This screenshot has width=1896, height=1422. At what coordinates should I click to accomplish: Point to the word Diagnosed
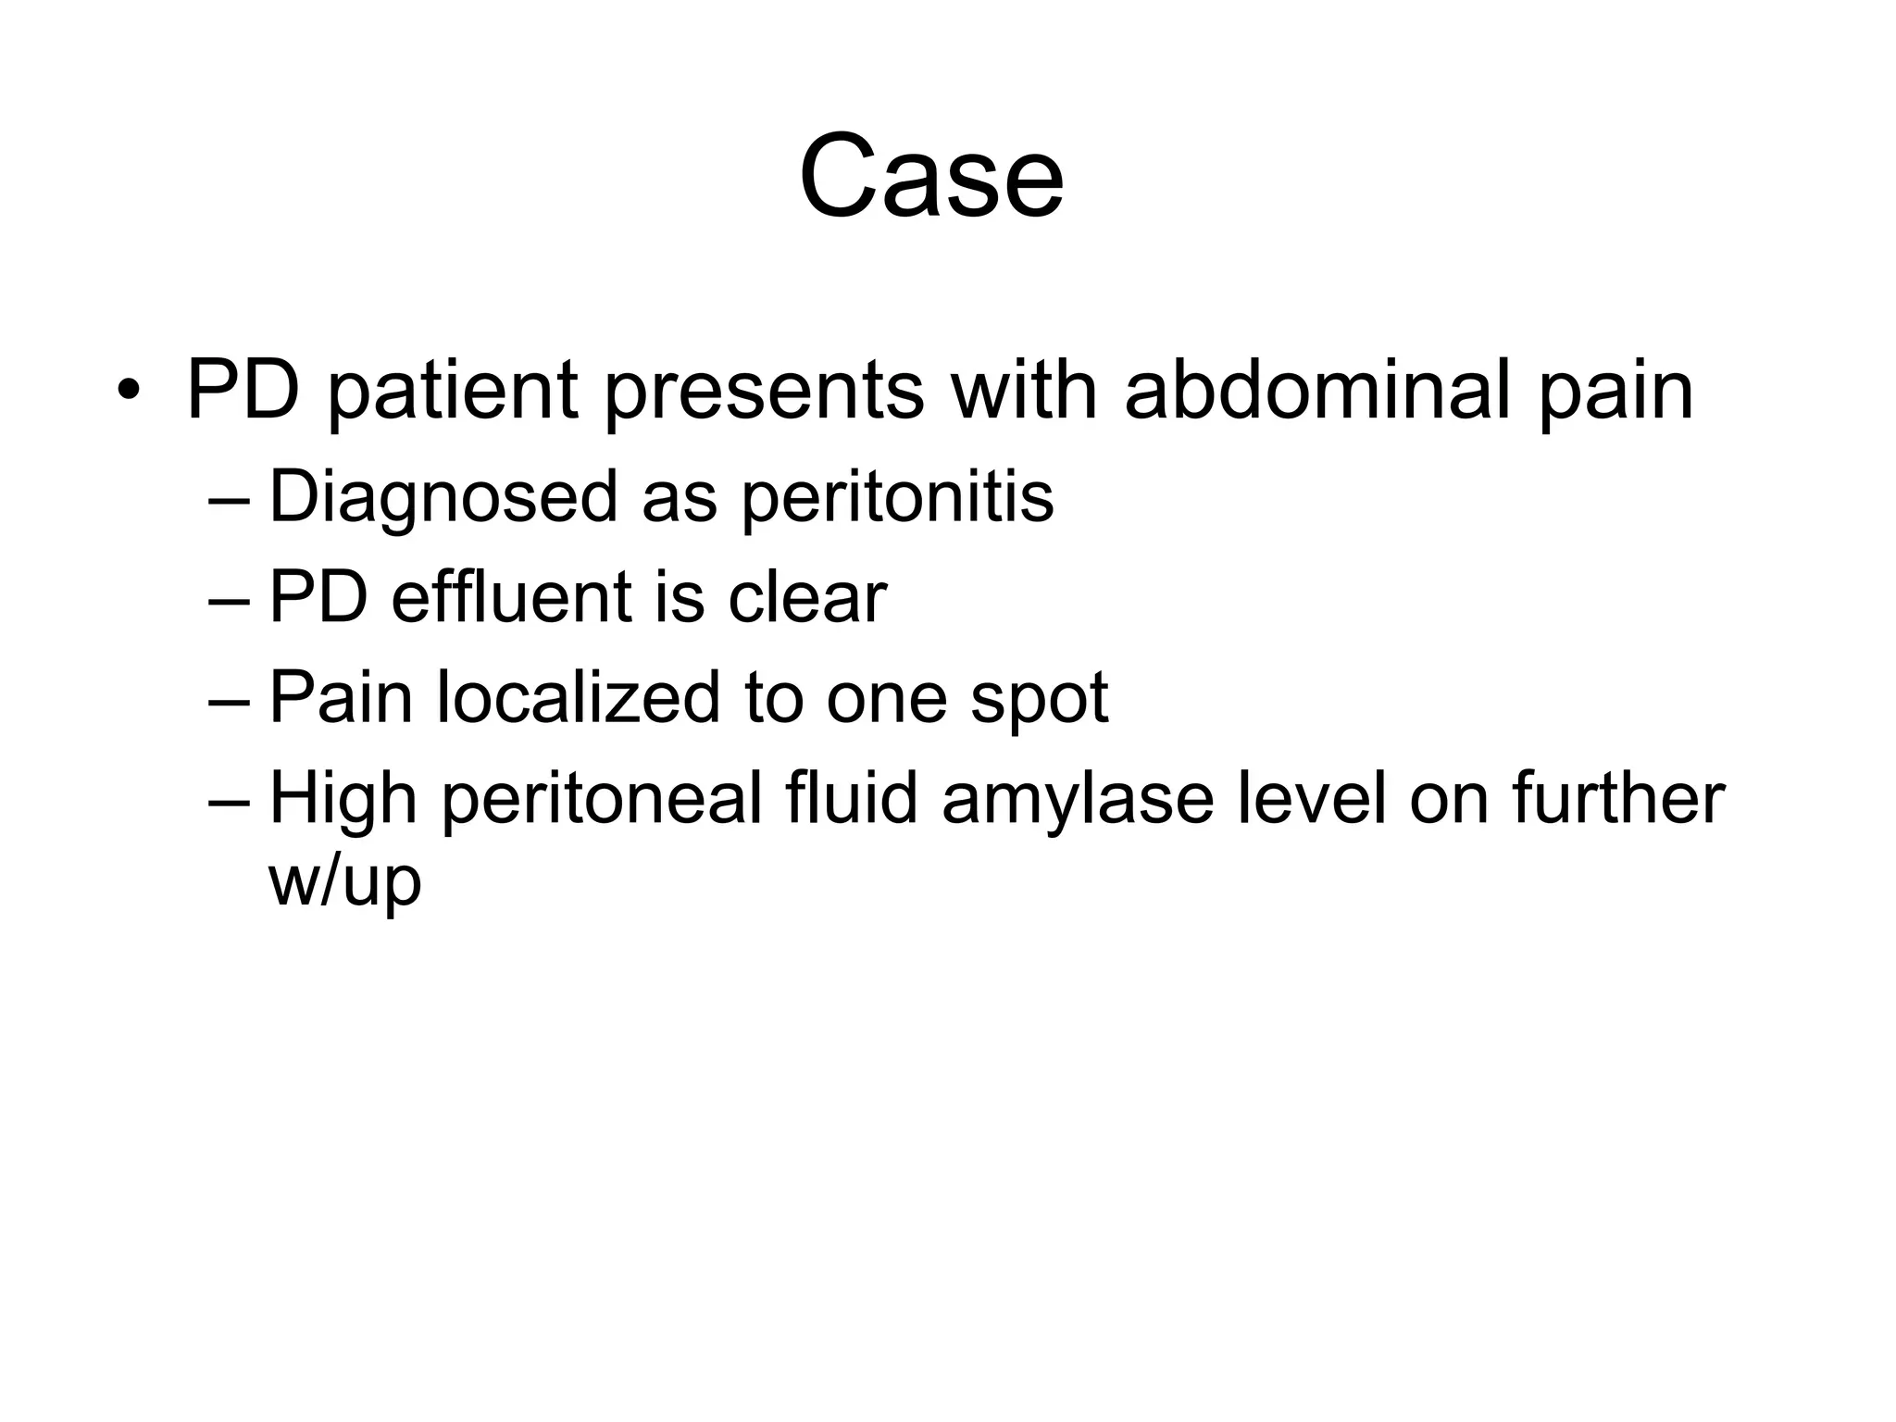443,498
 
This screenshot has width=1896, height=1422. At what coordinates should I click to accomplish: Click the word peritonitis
897,498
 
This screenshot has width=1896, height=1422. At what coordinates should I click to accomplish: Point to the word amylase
1078,799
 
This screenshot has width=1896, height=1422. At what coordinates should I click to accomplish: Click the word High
342,799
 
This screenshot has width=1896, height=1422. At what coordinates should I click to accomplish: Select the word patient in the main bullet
453,391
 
